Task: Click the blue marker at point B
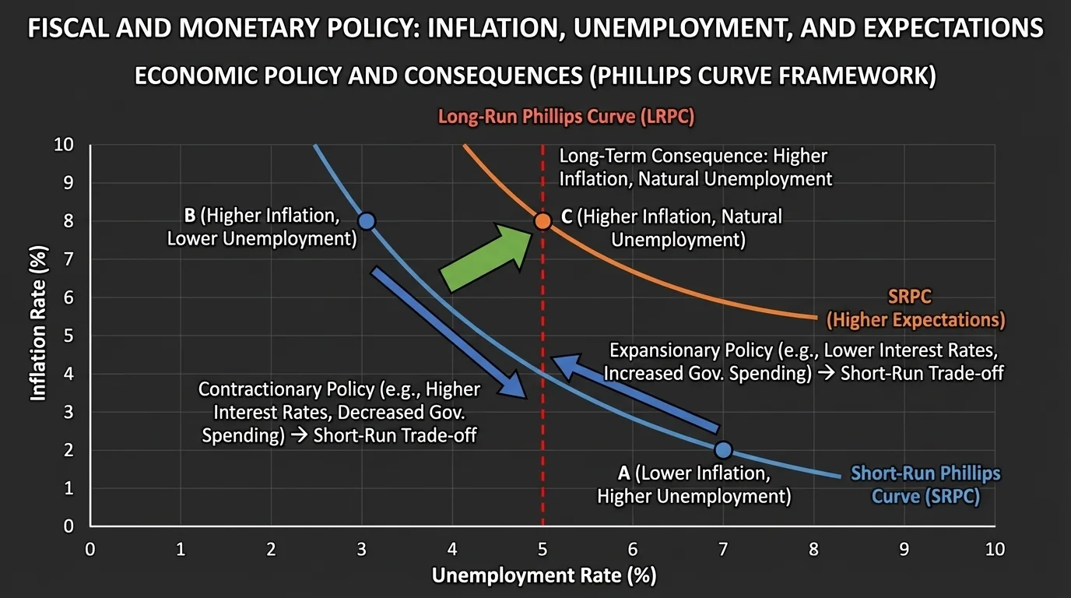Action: click(367, 221)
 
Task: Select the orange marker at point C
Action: click(543, 221)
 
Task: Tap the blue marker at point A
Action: click(723, 450)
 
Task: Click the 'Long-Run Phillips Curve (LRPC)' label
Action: click(566, 118)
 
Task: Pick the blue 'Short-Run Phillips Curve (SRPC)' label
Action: click(925, 484)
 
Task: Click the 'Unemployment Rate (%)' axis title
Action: click(543, 576)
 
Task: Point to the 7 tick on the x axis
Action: click(723, 549)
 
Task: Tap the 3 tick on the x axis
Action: click(361, 549)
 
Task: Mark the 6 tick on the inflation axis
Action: click(68, 297)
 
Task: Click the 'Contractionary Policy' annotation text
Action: click(339, 412)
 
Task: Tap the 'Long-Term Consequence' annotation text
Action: click(695, 167)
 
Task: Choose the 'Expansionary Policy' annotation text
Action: click(803, 362)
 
